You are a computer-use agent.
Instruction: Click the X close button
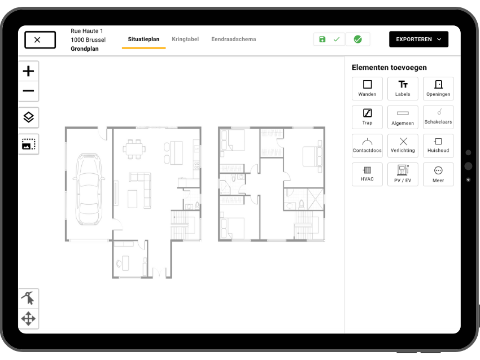(40, 39)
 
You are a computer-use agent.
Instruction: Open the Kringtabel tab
(185, 39)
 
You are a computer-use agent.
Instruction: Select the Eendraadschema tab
(233, 39)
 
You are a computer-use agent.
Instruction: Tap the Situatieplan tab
(143, 39)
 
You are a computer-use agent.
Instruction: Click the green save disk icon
(322, 39)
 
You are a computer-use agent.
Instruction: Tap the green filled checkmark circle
(357, 39)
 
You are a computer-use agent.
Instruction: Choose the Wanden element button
(367, 89)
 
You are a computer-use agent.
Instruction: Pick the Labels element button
(403, 89)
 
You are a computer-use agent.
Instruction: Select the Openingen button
(438, 89)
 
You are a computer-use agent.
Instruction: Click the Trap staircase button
(367, 117)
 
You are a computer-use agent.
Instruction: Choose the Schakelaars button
(438, 117)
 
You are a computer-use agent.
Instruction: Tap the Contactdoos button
(367, 145)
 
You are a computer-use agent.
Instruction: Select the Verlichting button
(403, 145)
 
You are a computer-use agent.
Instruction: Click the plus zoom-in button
(28, 71)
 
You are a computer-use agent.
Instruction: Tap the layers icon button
(28, 117)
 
